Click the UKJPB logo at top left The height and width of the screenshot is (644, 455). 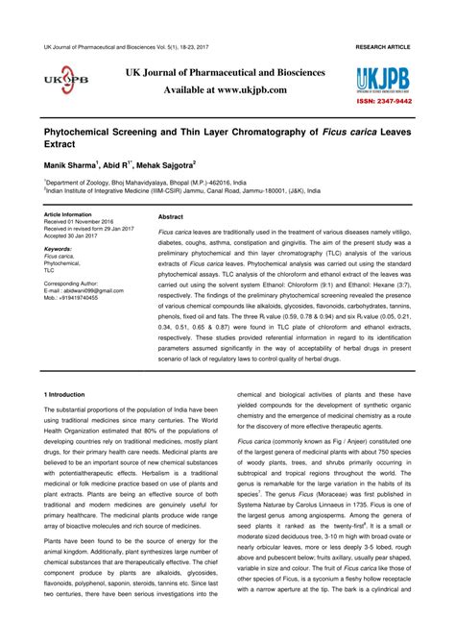(x=64, y=82)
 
